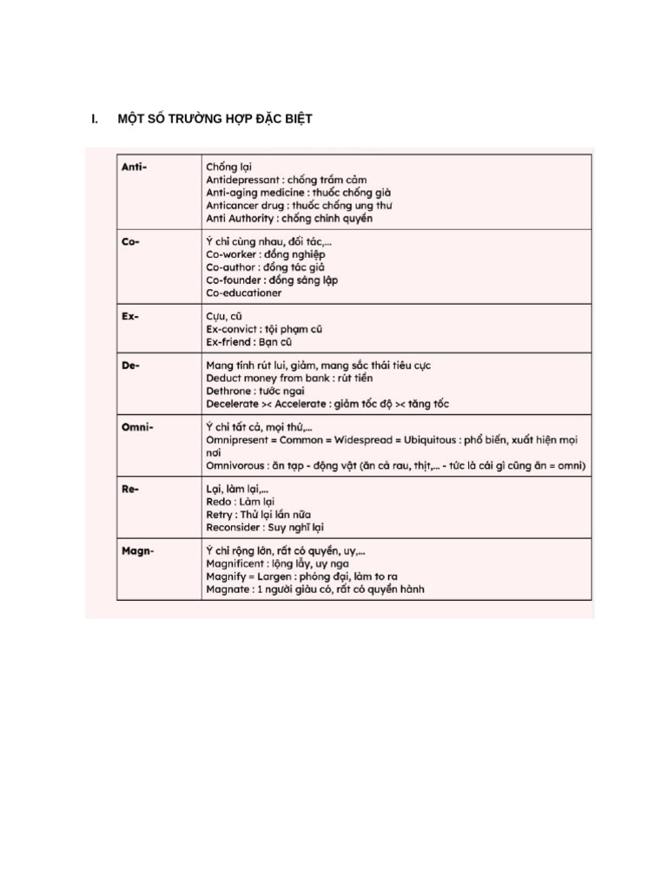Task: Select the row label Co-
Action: tap(129, 241)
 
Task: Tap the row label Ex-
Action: tap(130, 316)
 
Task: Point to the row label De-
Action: tap(130, 365)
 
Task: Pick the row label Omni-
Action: tap(136, 427)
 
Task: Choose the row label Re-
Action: tap(130, 490)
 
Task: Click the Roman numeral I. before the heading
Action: tap(95, 119)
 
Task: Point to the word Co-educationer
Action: tap(244, 293)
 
